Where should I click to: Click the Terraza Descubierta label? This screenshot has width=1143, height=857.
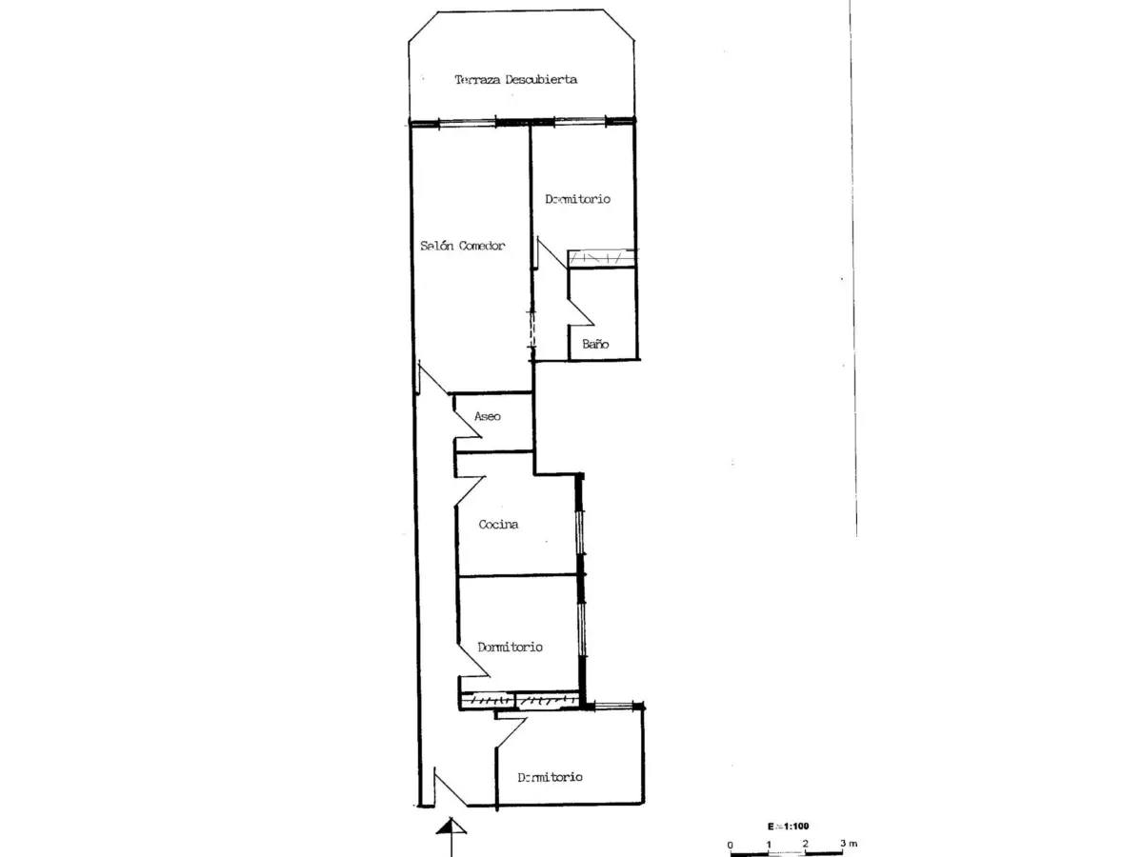pos(515,80)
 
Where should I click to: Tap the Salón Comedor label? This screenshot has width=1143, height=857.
pos(462,246)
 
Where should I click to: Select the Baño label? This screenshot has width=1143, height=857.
pos(595,344)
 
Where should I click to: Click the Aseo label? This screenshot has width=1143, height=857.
pos(488,416)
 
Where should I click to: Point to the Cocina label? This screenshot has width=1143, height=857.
pos(498,524)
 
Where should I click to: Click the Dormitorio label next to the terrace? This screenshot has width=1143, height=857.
pos(577,199)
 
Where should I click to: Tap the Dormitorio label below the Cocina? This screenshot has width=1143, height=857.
pos(510,647)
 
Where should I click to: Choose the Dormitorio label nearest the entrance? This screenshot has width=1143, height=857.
pos(550,777)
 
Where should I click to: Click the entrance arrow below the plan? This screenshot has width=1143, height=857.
pos(451,836)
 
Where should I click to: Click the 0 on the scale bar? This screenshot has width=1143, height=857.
pos(730,845)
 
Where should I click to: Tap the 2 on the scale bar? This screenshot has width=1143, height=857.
pos(806,844)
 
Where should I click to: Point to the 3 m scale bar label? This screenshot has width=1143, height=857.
pos(849,843)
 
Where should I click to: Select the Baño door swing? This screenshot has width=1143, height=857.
pos(581,311)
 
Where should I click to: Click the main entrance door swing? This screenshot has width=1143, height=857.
pos(451,788)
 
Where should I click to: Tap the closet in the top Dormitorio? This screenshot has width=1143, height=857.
pos(602,258)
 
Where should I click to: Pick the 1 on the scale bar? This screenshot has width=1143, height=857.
pos(769,844)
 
